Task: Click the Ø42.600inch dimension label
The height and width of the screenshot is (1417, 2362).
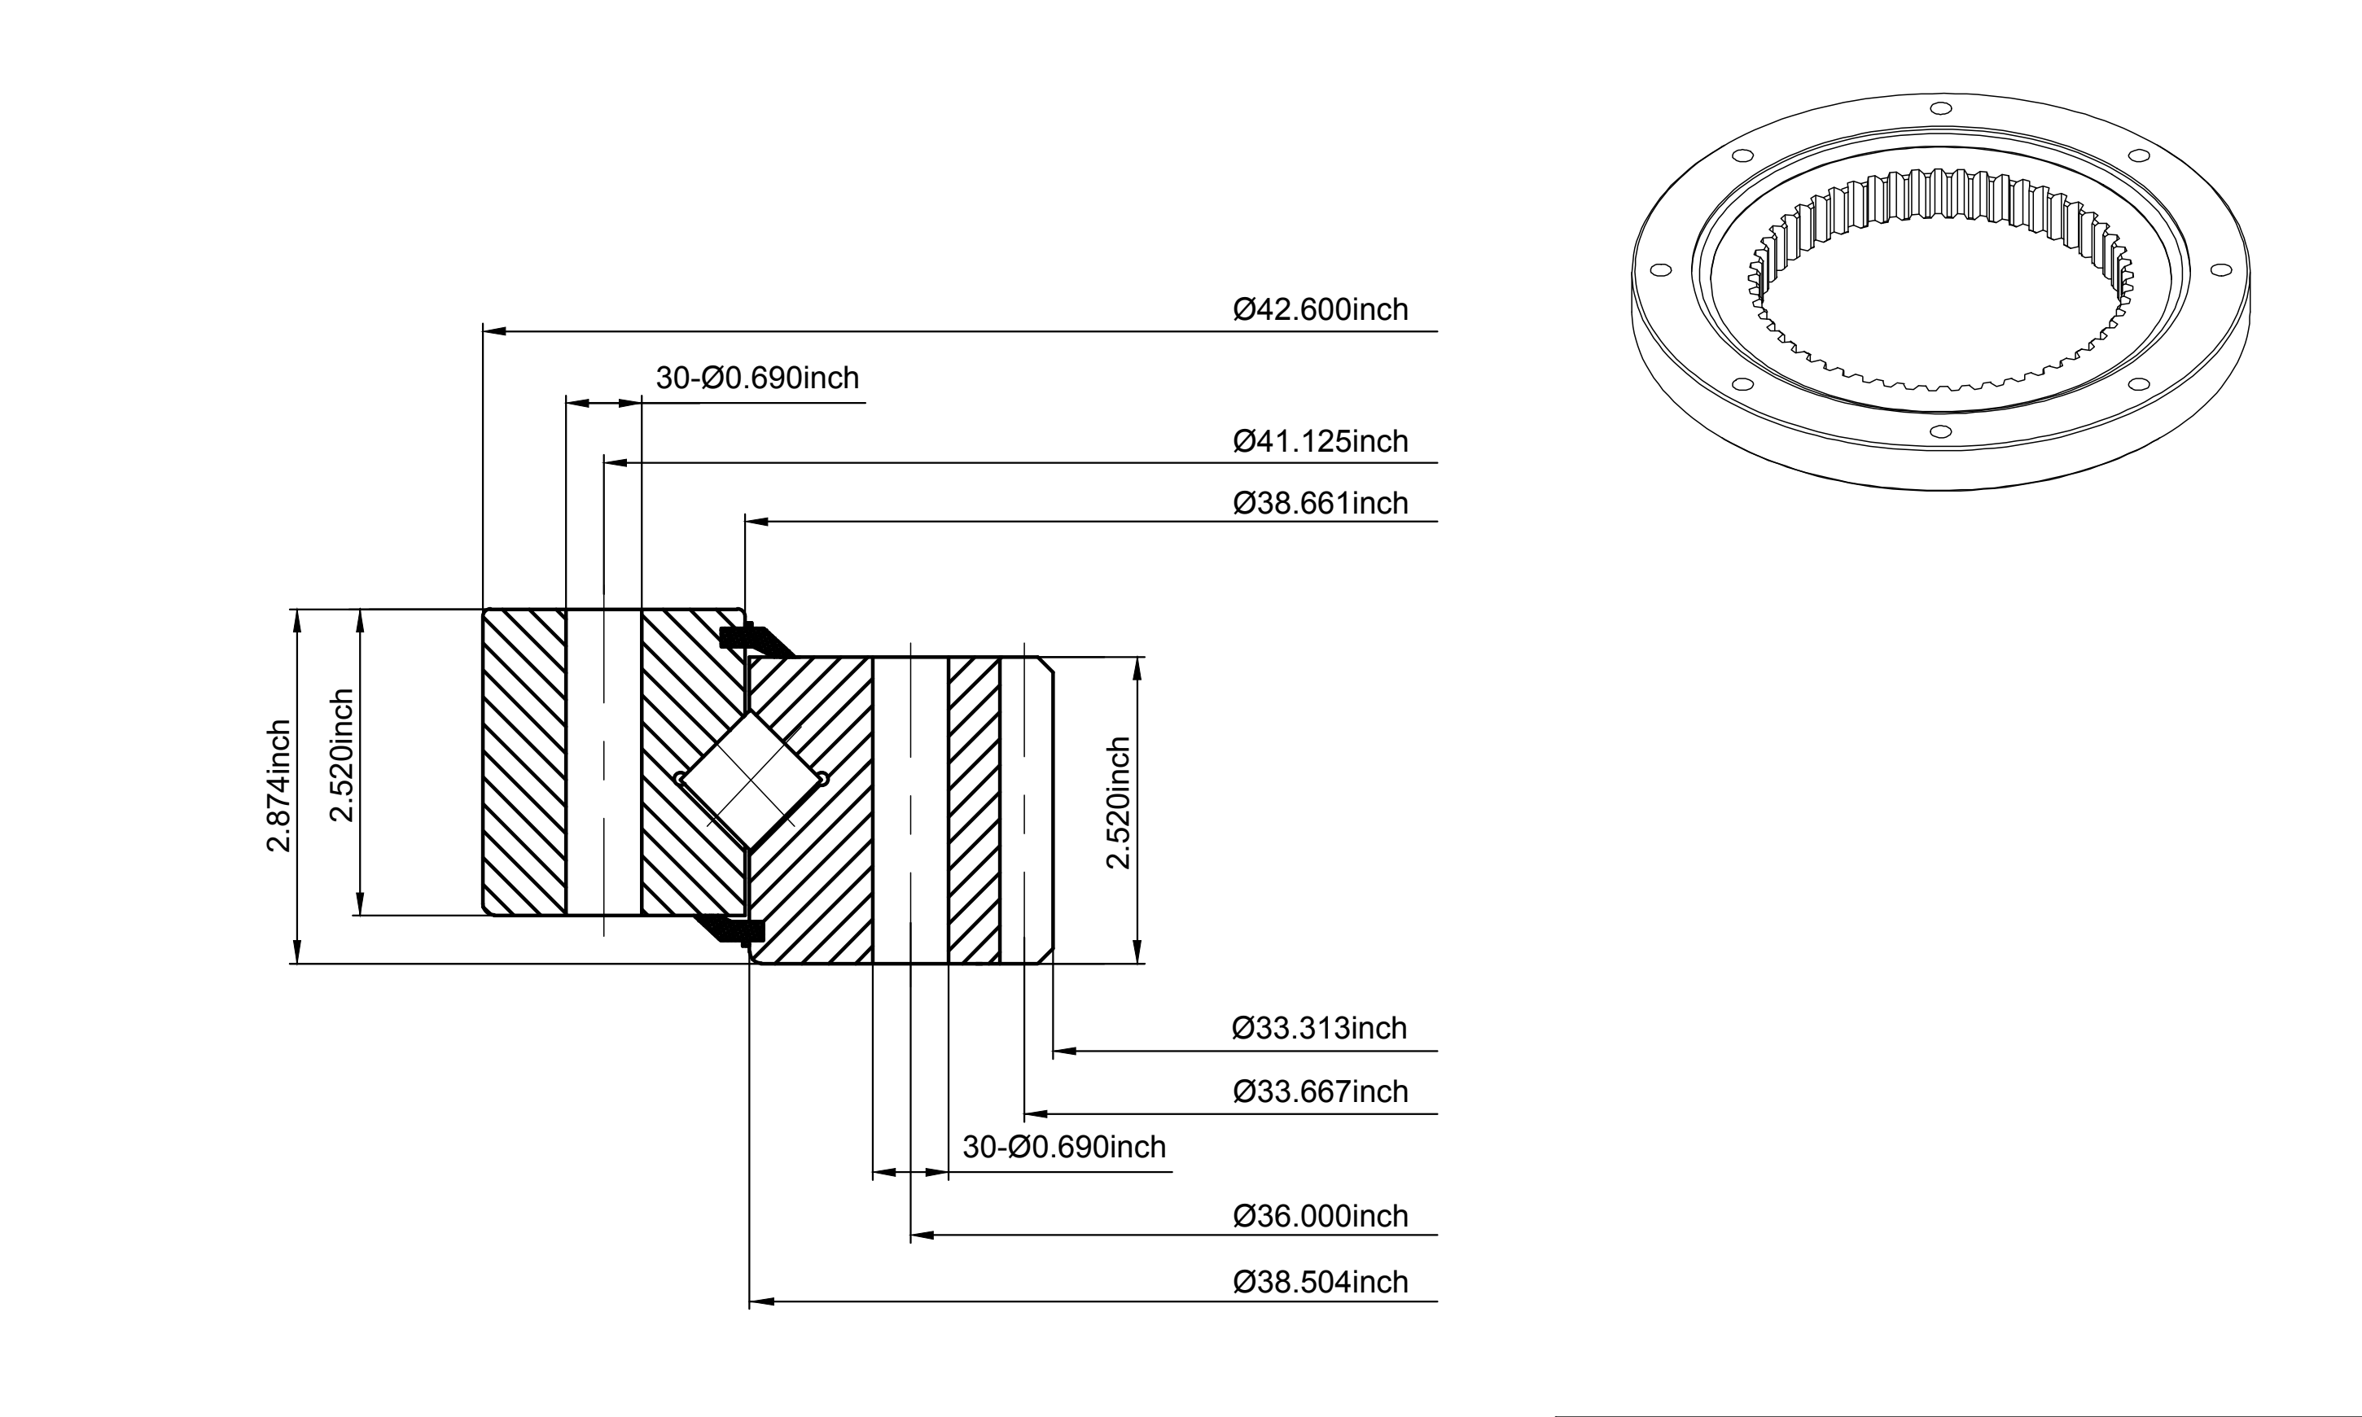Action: tap(1320, 309)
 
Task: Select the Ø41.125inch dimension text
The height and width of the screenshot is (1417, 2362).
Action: tap(1320, 441)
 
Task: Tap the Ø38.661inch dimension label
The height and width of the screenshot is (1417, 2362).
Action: tap(1320, 503)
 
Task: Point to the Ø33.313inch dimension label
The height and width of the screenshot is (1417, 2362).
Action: tap(1320, 1029)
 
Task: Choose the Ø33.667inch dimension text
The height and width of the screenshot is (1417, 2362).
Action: tap(1320, 1091)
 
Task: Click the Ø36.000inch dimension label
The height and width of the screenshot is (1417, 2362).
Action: tap(1320, 1217)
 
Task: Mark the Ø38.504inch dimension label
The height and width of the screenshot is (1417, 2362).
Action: tap(1320, 1283)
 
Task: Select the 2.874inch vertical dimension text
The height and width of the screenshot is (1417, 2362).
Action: tap(278, 786)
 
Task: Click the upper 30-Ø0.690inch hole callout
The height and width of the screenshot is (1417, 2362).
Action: tap(757, 378)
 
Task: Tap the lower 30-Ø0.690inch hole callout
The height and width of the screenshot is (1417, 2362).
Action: tap(1064, 1147)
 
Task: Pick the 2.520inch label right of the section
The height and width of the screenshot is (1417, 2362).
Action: tap(1117, 803)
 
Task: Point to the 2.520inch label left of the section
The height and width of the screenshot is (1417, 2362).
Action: tap(341, 755)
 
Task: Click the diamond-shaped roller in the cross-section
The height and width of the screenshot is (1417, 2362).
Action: tap(752, 779)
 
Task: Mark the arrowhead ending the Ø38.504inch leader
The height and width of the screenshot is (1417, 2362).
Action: tap(760, 1301)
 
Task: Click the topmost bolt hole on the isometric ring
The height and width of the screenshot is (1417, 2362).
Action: tap(1940, 108)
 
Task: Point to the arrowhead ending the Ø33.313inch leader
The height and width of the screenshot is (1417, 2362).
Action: tap(1064, 1052)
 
